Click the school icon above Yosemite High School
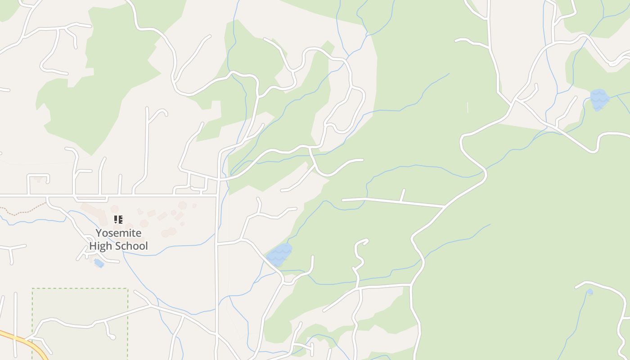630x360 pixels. pos(118,220)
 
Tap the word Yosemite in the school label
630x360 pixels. pos(118,233)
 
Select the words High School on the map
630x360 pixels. pos(118,246)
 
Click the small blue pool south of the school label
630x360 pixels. pos(99,263)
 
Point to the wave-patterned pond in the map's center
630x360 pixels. pos(279,254)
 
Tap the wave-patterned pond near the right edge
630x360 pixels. pos(599,99)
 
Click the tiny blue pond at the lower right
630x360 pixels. pos(589,292)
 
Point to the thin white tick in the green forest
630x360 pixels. pos(468,108)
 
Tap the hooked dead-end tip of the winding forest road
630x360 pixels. pos(364,242)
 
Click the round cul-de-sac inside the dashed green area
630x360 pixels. pos(112,337)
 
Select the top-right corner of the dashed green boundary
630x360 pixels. pos(128,288)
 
